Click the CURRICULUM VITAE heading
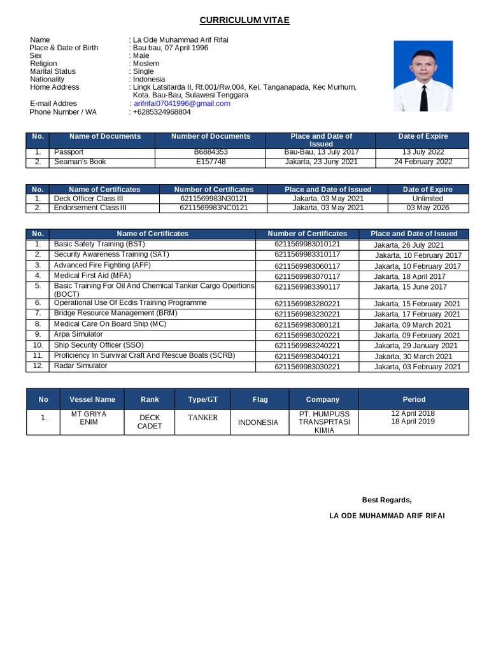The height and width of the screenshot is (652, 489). (245, 20)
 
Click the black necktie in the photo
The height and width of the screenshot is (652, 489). (423, 95)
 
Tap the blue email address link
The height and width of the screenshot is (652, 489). (181, 103)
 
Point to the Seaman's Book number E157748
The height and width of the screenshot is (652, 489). (211, 162)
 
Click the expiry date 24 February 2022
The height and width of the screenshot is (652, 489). (423, 162)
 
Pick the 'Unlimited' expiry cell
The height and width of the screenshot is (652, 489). (427, 199)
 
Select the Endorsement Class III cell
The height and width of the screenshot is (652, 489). (90, 208)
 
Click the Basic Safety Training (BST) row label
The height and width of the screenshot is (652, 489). (99, 244)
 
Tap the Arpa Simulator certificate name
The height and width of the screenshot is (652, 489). (78, 334)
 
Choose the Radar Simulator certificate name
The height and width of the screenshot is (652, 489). (81, 365)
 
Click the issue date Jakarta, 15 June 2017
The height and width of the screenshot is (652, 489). (410, 287)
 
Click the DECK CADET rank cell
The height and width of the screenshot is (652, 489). (150, 422)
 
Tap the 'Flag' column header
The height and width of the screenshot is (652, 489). (260, 399)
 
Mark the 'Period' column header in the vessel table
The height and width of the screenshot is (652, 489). (413, 399)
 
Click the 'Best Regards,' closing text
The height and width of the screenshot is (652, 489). (386, 499)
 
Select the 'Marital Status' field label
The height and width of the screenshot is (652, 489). (52, 71)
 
